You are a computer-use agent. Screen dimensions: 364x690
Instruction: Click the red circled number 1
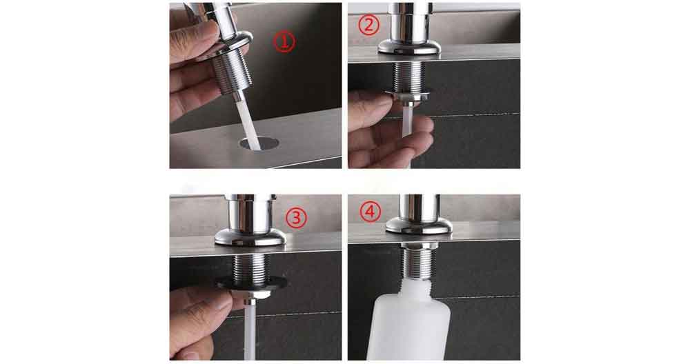pyautogui.click(x=284, y=42)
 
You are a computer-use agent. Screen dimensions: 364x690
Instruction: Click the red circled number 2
pyautogui.click(x=369, y=26)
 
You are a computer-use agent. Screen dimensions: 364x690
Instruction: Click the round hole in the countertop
pyautogui.click(x=259, y=143)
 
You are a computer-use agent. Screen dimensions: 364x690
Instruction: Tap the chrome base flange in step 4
pyautogui.click(x=420, y=225)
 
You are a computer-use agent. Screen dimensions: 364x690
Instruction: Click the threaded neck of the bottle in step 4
pyautogui.click(x=416, y=282)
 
